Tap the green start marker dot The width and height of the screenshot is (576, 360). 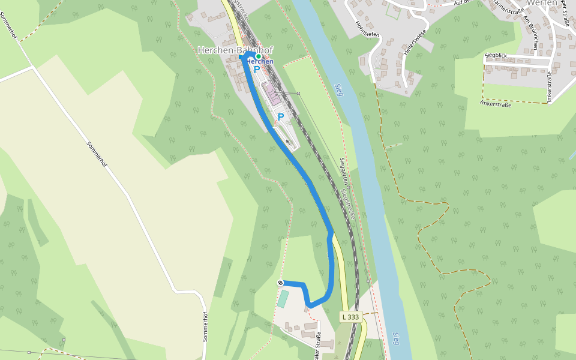259,56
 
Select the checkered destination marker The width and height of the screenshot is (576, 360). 280,283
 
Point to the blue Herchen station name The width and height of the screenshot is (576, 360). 260,62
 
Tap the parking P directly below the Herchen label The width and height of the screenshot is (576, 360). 257,70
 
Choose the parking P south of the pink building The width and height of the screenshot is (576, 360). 280,117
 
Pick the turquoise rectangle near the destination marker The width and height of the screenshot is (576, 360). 283,298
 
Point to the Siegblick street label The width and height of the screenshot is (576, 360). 496,56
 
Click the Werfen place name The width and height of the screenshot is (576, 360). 542,3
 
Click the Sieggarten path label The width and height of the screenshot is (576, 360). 343,170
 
